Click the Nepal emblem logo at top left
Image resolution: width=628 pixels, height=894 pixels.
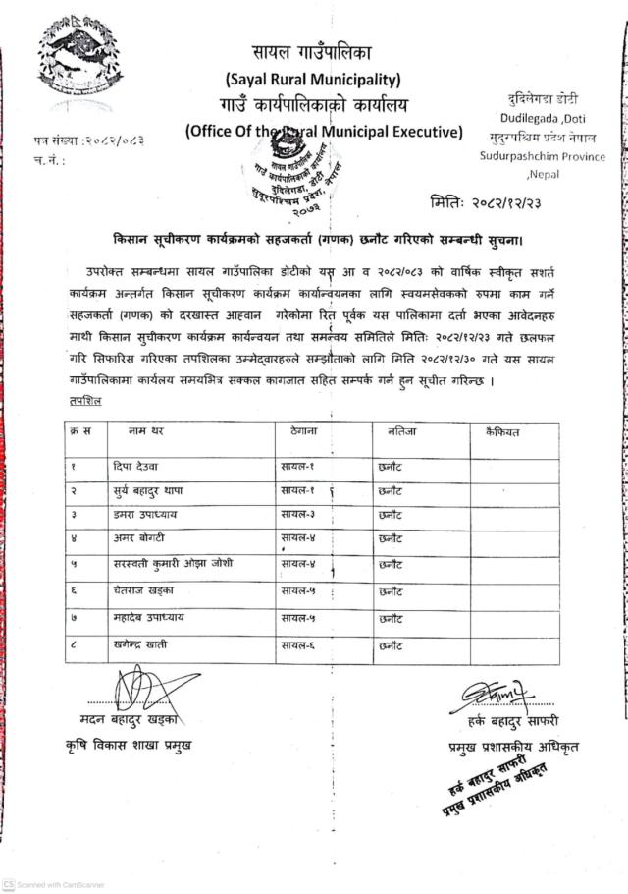69,61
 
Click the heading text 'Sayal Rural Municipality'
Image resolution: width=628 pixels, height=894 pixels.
313,78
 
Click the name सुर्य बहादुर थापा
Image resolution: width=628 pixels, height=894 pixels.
149,488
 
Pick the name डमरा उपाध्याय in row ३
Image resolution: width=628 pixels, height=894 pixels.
141,513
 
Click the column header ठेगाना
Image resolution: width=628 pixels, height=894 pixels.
308,430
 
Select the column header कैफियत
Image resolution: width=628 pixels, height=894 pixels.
501,430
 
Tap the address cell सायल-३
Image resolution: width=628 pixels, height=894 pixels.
297,513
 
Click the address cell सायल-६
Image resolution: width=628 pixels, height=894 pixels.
297,644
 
